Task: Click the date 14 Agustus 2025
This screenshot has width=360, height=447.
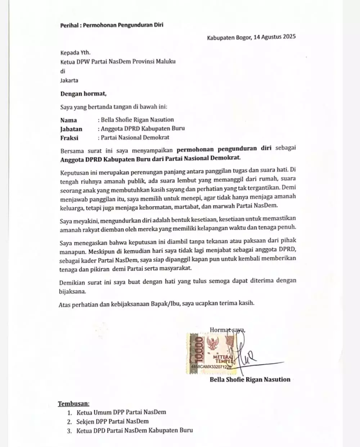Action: coord(274,37)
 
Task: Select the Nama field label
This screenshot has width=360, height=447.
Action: coord(68,120)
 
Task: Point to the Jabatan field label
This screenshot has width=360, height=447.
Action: coord(71,129)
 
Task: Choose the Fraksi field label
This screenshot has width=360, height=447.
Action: coord(69,137)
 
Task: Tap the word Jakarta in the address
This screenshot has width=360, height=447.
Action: coord(69,80)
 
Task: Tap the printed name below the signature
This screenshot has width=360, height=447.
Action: coord(250,379)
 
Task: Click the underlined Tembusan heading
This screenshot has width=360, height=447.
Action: coord(74,403)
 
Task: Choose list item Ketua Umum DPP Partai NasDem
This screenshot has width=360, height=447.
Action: coord(121,412)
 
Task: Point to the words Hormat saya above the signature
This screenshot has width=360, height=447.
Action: coord(227,329)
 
